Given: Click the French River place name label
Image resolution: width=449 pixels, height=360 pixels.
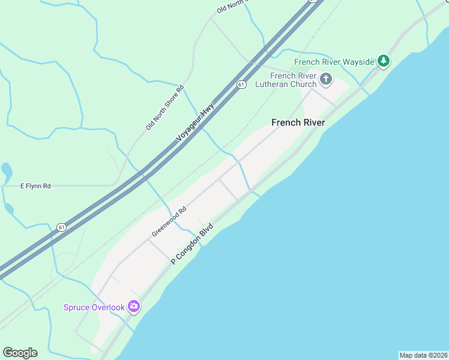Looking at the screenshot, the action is point(298,122).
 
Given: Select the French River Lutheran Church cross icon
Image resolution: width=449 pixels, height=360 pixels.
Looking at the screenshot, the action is point(326,79).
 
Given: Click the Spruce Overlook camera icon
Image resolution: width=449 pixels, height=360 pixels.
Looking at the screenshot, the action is point(134,307).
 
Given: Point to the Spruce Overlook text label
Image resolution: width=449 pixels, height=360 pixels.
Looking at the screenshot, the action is point(94,307).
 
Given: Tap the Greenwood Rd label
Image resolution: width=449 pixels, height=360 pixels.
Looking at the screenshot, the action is point(169,221).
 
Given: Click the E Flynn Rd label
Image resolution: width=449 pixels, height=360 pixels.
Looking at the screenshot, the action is point(35,186).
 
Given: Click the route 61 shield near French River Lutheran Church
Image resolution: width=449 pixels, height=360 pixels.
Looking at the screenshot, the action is point(241,85).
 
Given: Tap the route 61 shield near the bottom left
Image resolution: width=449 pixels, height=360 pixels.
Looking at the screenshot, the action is point(62,227).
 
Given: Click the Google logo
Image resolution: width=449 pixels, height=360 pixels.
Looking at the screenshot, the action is point(20,353).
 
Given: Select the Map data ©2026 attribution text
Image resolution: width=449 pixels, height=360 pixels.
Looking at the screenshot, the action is point(423,355).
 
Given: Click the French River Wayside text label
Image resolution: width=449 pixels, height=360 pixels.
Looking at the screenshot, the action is point(334,61).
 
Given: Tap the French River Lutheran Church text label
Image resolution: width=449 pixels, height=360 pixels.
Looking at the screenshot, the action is point(294,80).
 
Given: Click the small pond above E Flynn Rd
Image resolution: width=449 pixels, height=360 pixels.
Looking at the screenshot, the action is point(7,171).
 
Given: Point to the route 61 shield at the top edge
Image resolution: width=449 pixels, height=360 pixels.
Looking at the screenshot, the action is point(312,1).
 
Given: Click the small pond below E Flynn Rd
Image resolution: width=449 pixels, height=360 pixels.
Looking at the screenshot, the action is point(8,209).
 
